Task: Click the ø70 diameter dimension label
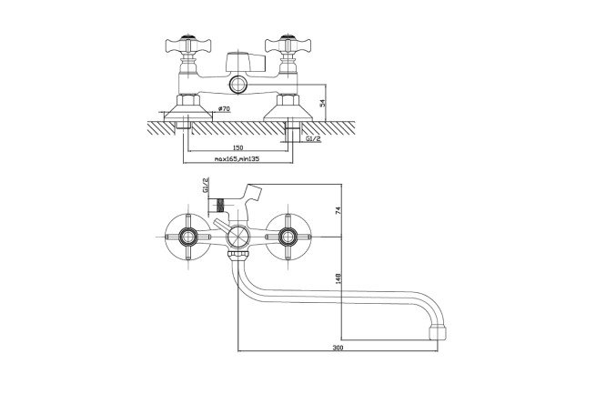tap(224, 109)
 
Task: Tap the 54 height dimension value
tap(323, 103)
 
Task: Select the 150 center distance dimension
tap(238, 147)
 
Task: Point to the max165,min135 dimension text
tap(237, 158)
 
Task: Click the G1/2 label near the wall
tap(313, 139)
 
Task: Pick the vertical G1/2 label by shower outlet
tap(206, 186)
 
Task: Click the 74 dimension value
tap(338, 211)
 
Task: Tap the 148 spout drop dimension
tap(338, 278)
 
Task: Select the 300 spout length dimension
tap(338, 348)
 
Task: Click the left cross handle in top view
tap(188, 45)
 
